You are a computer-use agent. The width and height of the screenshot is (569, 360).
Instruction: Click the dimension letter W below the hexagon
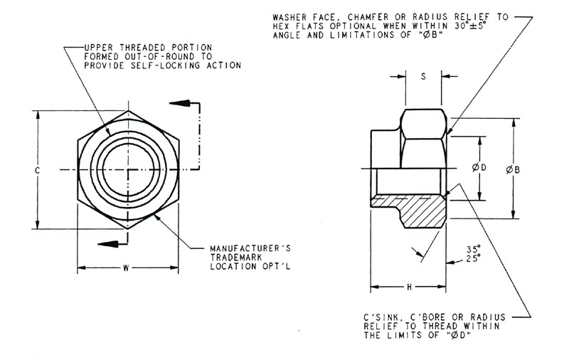pos(126,268)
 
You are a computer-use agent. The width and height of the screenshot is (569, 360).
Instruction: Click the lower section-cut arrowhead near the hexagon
pos(105,243)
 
